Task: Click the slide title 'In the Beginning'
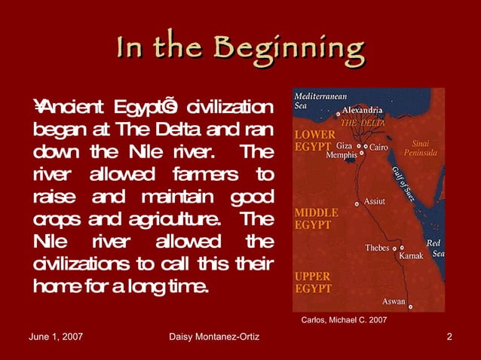(x=240, y=48)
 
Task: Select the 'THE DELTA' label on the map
(x=363, y=121)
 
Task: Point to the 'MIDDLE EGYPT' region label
(x=315, y=218)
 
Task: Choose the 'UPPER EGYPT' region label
(x=312, y=283)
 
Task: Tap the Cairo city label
(x=379, y=147)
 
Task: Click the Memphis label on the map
(x=342, y=155)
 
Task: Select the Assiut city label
(x=375, y=202)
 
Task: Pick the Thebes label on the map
(x=378, y=247)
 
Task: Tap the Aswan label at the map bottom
(x=393, y=302)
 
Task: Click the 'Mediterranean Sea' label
(x=320, y=102)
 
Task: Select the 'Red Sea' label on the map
(x=434, y=249)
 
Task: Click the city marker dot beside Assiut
(x=357, y=204)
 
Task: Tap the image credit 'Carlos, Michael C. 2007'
(x=344, y=319)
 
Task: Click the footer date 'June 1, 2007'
(x=56, y=336)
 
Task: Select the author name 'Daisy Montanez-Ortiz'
(x=216, y=336)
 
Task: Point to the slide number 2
(x=449, y=336)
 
